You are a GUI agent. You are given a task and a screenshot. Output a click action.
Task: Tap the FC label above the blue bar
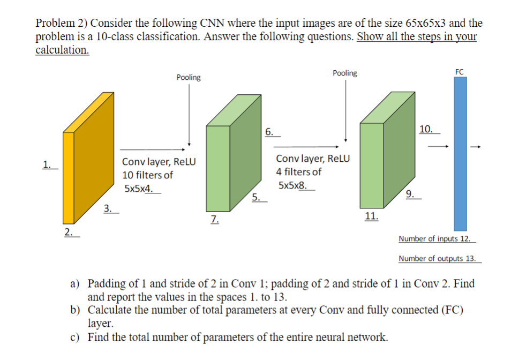(x=460, y=71)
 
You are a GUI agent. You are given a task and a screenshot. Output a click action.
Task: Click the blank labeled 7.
(x=214, y=219)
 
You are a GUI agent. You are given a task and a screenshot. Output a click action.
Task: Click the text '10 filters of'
(x=148, y=175)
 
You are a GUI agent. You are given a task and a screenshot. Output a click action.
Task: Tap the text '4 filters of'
(x=299, y=172)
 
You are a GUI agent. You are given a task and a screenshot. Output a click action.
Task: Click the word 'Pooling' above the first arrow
(x=189, y=78)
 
